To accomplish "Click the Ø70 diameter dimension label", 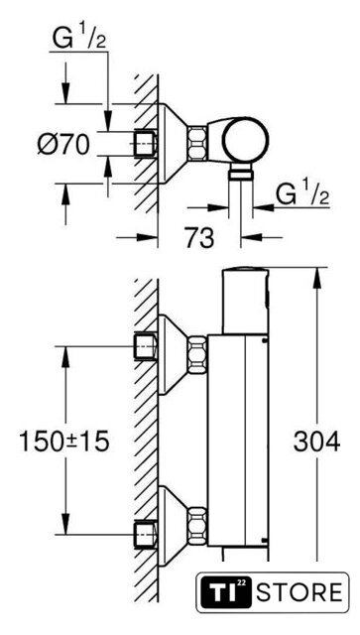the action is click(x=63, y=144).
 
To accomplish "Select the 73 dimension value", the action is click(x=199, y=238).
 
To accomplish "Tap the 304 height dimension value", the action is click(x=316, y=442).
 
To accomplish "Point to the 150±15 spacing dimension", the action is click(x=64, y=442).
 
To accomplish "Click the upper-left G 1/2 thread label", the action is click(x=78, y=39).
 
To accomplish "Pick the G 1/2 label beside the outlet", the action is click(x=301, y=195).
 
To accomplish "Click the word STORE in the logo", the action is click(x=300, y=592).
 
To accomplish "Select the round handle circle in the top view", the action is click(x=246, y=140).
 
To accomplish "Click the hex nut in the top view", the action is click(x=196, y=143).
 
